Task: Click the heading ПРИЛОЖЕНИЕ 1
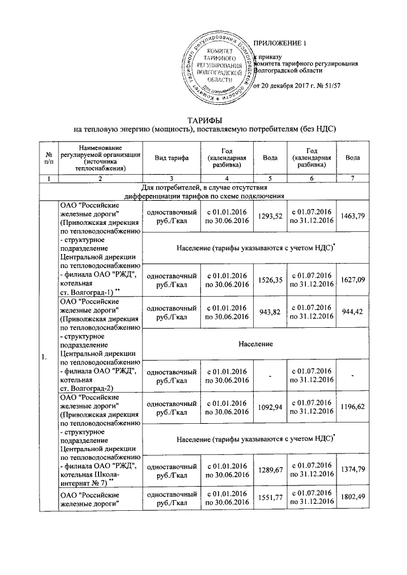[x=280, y=43]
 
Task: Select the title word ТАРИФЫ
[x=203, y=119]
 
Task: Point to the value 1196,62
[x=353, y=409]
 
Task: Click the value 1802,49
[x=353, y=499]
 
